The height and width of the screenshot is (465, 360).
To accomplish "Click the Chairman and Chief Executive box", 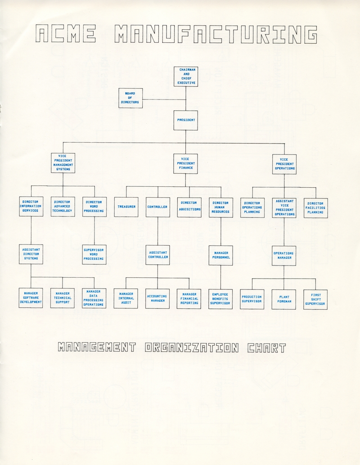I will click(x=185, y=77).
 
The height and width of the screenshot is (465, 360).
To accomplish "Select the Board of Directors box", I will click(x=130, y=98).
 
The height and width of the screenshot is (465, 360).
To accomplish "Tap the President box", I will click(x=185, y=120).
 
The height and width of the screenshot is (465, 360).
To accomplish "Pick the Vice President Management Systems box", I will click(x=63, y=163).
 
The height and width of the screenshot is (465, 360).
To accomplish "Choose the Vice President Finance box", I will click(x=185, y=163).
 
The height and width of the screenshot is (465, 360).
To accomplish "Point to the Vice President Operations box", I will click(x=284, y=164).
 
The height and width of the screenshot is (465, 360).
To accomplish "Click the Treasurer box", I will click(x=126, y=207).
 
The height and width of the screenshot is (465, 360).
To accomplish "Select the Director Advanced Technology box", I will click(x=63, y=207).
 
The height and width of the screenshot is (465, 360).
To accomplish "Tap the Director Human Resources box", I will click(x=220, y=207).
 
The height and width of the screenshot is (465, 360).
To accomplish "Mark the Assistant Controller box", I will click(x=157, y=255).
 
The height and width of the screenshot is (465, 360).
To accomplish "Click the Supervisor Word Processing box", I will click(x=94, y=254).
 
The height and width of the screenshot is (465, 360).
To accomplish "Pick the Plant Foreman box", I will click(x=284, y=299).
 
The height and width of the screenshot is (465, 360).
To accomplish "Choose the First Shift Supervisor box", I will click(x=315, y=299).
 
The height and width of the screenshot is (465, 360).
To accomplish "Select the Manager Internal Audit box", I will click(x=126, y=298).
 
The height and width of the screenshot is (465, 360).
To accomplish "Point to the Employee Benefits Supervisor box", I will click(x=220, y=299).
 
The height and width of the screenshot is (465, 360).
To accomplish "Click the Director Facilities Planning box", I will click(x=315, y=208).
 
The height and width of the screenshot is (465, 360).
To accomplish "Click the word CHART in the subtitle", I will click(x=266, y=348).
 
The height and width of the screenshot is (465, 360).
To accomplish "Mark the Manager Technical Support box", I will click(x=63, y=298).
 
